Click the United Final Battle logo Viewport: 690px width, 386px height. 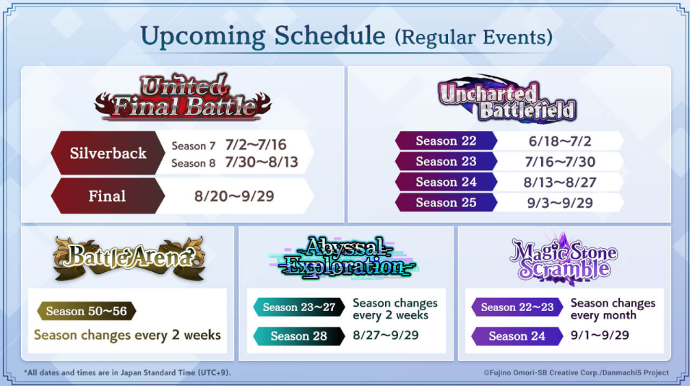coord(183,97)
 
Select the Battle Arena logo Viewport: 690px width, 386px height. coord(129,258)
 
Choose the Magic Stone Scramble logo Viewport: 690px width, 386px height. coord(564,260)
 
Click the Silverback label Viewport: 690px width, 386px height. coord(108,153)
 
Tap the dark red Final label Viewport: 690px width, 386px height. coord(108,196)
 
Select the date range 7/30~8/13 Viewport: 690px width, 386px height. coord(262,162)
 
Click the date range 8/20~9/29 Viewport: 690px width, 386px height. coord(234,196)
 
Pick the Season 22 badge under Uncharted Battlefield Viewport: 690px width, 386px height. coord(446,141)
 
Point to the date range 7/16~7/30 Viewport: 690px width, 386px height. coord(560,162)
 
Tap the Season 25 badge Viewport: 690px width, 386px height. coord(446,203)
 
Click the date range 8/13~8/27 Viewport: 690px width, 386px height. coord(560,183)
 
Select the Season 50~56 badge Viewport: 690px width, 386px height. coord(86,311)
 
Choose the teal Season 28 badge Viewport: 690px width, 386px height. coord(299,336)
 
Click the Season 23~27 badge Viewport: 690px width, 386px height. coord(299,307)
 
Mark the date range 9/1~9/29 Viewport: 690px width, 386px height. coord(600,335)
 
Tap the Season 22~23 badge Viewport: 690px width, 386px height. coord(517,307)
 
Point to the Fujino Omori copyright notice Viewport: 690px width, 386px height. coord(576,373)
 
